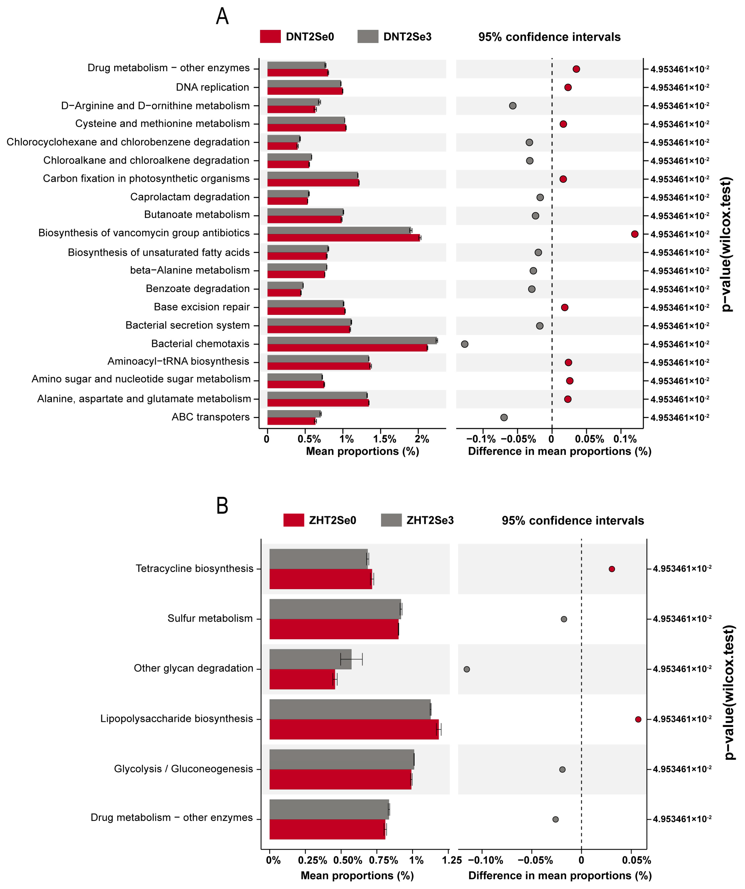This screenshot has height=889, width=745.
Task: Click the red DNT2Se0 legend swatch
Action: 270,36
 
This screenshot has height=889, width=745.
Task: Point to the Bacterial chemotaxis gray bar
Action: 352,340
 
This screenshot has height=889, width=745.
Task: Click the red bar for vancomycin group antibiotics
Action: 343,237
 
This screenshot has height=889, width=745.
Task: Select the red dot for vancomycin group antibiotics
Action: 634,234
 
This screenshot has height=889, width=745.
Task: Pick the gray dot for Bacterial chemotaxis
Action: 464,344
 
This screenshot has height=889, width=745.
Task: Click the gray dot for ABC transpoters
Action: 504,417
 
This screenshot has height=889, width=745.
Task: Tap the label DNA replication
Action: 212,87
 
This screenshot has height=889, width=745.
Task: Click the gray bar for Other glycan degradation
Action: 310,659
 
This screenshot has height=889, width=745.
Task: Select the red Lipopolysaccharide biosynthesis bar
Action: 354,729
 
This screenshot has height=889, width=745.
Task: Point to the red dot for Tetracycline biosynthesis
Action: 612,569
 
